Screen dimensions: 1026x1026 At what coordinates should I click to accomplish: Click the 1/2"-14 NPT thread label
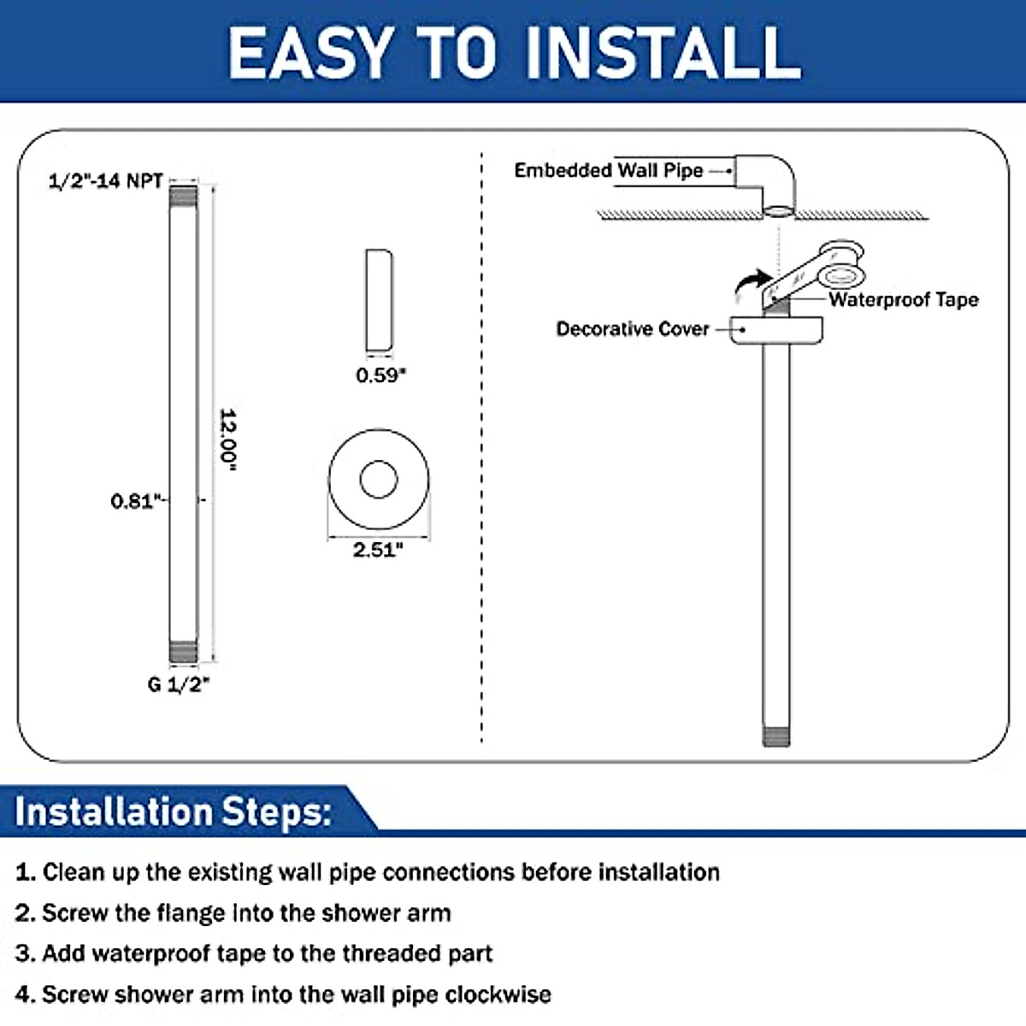pos(105,180)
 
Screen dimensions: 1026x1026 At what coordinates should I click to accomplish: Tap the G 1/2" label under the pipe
pos(178,684)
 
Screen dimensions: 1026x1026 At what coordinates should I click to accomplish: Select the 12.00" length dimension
pos(227,439)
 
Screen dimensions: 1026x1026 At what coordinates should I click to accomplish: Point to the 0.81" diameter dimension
pos(135,500)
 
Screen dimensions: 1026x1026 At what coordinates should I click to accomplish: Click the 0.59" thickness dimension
pos(380,374)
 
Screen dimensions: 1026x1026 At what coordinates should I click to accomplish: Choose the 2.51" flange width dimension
pos(378,550)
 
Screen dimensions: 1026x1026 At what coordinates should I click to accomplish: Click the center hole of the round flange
pos(379,480)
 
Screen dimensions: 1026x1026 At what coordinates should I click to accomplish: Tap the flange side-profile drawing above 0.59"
pos(379,300)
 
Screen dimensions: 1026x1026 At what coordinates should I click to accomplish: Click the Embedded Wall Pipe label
pos(608,170)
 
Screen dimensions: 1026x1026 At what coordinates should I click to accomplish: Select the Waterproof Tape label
pos(903,299)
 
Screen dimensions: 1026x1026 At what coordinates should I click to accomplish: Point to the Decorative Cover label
pos(632,329)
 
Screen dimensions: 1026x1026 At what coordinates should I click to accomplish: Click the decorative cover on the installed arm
pos(776,330)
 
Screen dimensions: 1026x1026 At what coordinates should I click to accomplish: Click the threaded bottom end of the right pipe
pos(775,734)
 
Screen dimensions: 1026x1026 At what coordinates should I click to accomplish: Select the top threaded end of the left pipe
pos(183,197)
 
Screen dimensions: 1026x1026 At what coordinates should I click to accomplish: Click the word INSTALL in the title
pos(663,52)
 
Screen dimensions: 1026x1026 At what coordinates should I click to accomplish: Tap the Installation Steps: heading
pos(174,811)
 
